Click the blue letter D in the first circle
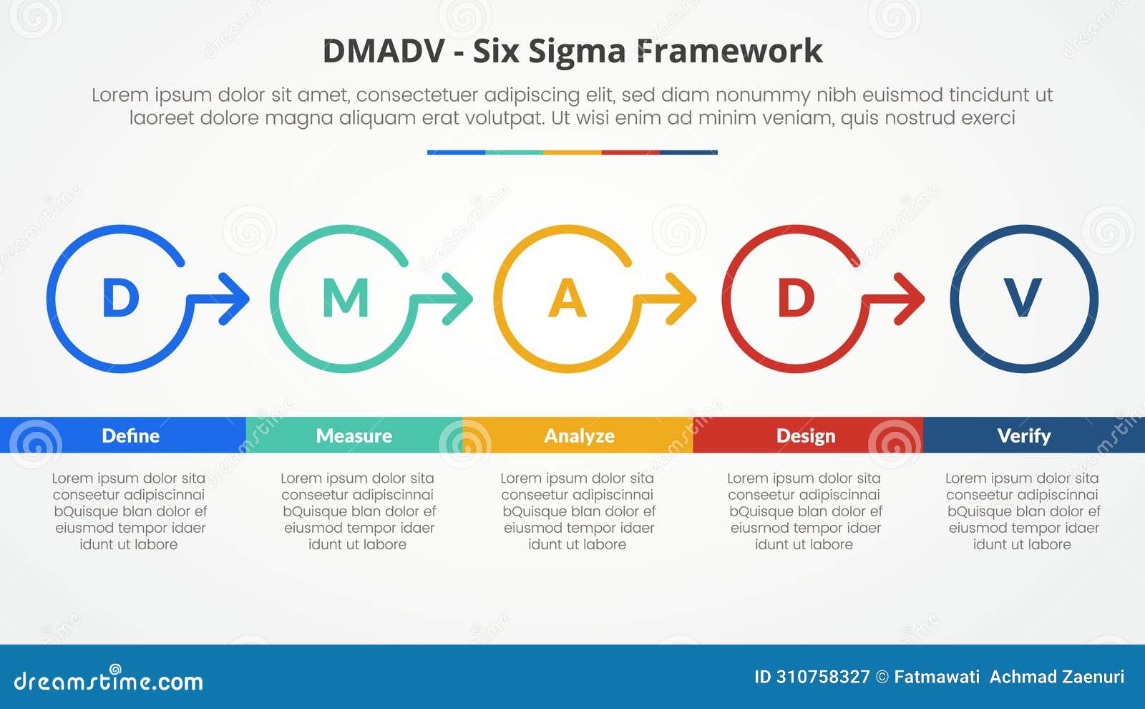(x=120, y=298)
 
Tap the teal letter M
(x=346, y=298)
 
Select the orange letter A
(x=567, y=298)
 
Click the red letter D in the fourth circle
(x=796, y=298)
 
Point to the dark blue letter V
(x=1023, y=298)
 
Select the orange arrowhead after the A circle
(x=683, y=298)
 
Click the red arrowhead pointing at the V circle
(x=911, y=298)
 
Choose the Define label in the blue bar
(x=130, y=435)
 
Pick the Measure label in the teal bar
(x=354, y=435)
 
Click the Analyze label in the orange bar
(x=579, y=435)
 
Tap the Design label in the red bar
(x=806, y=435)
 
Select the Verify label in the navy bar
(x=1023, y=435)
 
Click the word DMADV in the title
(x=384, y=52)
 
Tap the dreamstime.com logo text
(x=108, y=681)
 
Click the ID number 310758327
(x=822, y=677)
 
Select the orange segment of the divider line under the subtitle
(x=572, y=153)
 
